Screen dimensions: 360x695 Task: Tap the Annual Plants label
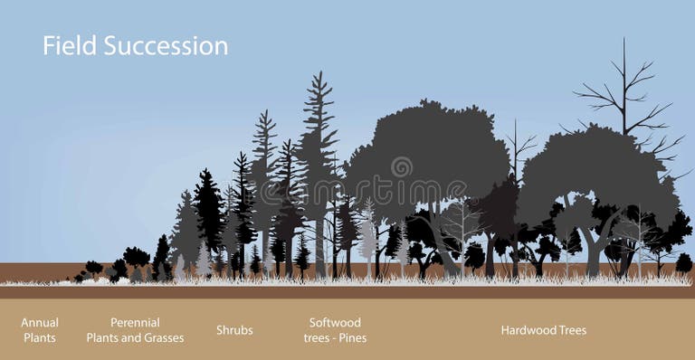pos(40,330)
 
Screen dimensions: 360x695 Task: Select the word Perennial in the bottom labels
pos(135,323)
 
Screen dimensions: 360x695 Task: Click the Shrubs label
pos(234,330)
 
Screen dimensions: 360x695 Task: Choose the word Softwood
pos(335,323)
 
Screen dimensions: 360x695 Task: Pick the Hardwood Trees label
pos(543,330)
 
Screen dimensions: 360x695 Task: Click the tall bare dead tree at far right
pos(624,90)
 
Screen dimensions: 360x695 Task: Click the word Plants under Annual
pos(40,338)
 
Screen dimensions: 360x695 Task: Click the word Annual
pos(40,323)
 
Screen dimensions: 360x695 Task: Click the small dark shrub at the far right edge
pos(683,263)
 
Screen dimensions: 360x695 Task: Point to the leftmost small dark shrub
pos(92,269)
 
